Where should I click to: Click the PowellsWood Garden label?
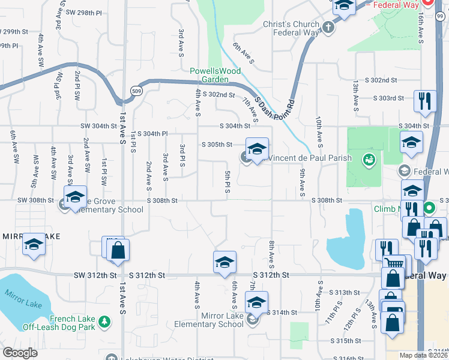215,74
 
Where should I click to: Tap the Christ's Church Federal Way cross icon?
328,27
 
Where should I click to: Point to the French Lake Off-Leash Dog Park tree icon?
105,323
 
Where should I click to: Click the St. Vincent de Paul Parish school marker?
257,149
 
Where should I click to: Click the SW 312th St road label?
95,275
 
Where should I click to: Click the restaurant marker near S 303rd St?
424,101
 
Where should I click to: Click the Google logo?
19,352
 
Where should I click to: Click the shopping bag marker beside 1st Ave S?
118,251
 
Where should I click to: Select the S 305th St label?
217,145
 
